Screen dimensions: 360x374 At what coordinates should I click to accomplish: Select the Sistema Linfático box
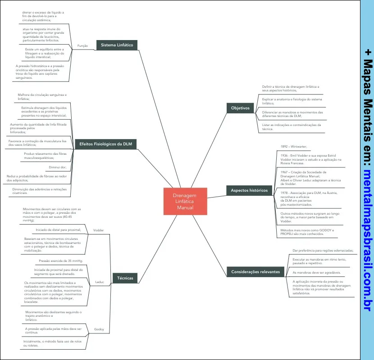[117, 45]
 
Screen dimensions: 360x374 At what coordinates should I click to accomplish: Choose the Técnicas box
[125, 278]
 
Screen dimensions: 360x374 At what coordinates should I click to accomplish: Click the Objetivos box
[240, 108]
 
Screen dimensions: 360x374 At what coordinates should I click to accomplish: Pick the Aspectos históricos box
[249, 190]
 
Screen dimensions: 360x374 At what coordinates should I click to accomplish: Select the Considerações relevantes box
[255, 272]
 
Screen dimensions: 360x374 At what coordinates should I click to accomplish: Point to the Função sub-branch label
[82, 46]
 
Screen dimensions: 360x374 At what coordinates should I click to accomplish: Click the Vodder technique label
[98, 230]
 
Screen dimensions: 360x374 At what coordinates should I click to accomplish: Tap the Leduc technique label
[100, 282]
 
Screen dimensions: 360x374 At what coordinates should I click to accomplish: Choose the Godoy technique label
[99, 329]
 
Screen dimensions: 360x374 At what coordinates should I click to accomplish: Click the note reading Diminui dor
[58, 167]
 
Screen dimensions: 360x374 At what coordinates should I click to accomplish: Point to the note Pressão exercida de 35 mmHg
[61, 261]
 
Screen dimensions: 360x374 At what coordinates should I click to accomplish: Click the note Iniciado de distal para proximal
[55, 230]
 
